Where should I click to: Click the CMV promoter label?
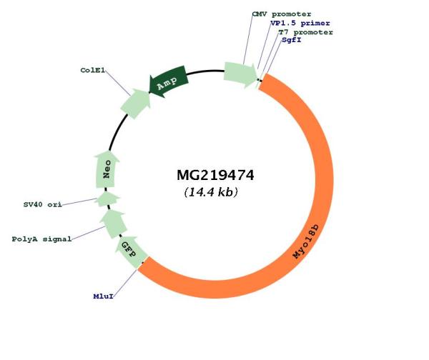click(x=282, y=14)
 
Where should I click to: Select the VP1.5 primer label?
click(x=300, y=24)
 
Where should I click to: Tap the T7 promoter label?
click(x=305, y=32)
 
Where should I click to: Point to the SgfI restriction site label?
click(x=292, y=40)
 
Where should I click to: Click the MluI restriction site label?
click(x=103, y=296)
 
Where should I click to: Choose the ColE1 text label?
click(x=92, y=70)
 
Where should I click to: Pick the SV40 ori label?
click(x=43, y=204)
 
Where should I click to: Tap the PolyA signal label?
click(x=41, y=239)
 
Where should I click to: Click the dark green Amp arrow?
click(x=168, y=81)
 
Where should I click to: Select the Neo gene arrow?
click(x=107, y=169)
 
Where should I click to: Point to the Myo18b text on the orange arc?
click(x=306, y=241)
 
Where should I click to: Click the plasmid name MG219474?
click(x=215, y=175)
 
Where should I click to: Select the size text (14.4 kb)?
click(x=211, y=192)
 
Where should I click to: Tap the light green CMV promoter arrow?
click(x=240, y=74)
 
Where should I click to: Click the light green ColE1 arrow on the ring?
click(x=136, y=104)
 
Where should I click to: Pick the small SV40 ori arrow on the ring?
click(x=107, y=199)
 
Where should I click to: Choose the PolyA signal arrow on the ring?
click(x=113, y=224)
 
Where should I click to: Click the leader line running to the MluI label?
click(x=125, y=282)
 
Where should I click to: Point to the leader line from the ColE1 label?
click(x=118, y=83)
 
